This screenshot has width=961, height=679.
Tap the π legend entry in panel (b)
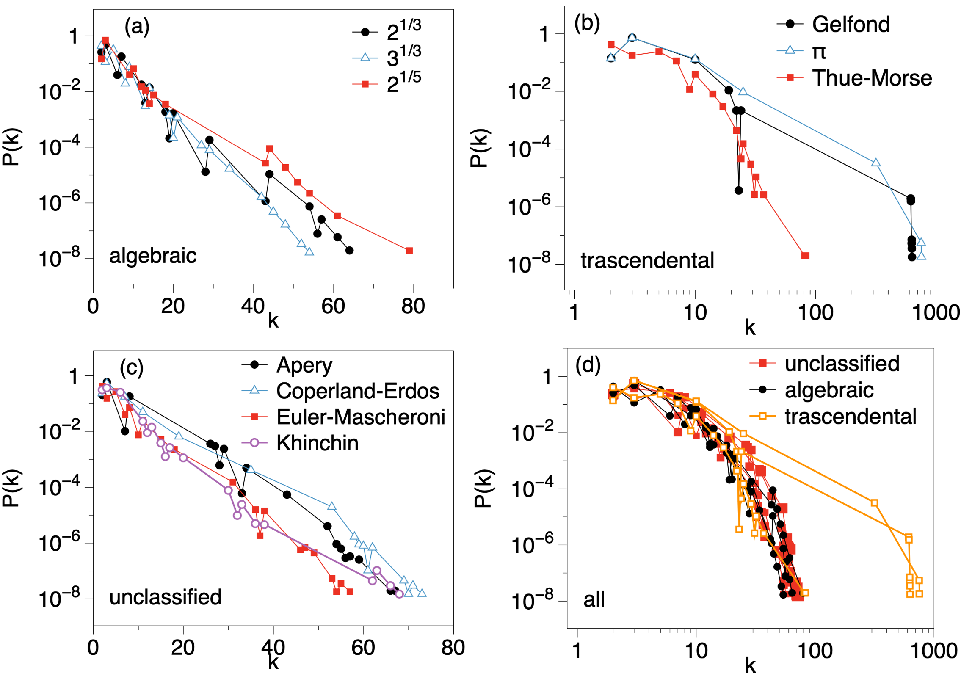[x=819, y=51]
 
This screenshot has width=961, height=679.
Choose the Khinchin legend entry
[x=317, y=443]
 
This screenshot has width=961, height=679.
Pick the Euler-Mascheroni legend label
[x=360, y=417]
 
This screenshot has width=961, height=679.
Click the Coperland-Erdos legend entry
[x=357, y=391]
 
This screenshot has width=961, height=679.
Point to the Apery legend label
[x=304, y=365]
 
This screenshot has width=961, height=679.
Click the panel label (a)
[x=137, y=26]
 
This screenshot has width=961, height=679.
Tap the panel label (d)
[x=588, y=364]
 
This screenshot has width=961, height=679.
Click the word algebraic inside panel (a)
[x=153, y=256]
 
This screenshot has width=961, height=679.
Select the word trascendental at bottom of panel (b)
[x=647, y=260]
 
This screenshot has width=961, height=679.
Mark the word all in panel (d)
[x=594, y=599]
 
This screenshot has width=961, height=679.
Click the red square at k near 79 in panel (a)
[x=409, y=251]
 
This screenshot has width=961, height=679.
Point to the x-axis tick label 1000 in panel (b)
[x=935, y=313]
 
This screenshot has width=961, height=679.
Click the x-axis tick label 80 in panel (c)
[x=453, y=648]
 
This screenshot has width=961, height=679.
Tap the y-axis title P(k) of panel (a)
[x=11, y=146]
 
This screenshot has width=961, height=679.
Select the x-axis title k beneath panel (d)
[x=750, y=666]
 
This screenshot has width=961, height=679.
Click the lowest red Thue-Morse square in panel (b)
[x=805, y=256]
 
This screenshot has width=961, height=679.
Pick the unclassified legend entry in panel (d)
[x=841, y=364]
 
